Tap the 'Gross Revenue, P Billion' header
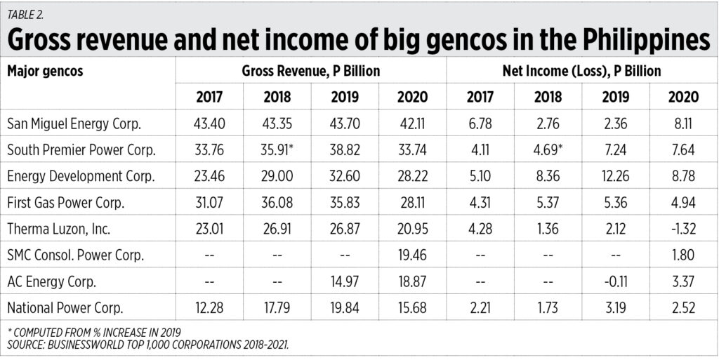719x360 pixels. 310,71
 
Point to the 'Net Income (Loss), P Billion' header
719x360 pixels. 582,71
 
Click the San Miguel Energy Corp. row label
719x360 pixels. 74,124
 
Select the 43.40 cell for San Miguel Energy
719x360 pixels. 209,124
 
